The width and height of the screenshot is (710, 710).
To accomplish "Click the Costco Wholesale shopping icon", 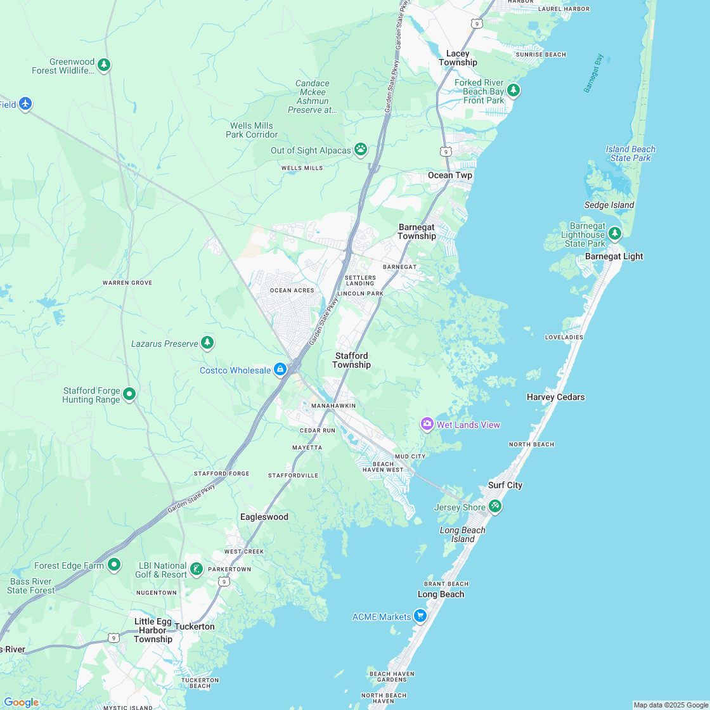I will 280,370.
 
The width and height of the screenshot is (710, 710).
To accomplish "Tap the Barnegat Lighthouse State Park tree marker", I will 614,235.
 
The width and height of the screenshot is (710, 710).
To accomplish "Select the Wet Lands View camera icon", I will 427,424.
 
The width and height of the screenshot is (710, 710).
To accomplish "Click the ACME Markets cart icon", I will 420,616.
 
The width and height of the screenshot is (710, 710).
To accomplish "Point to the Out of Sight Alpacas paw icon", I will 361,150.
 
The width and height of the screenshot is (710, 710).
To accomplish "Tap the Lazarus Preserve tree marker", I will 207,343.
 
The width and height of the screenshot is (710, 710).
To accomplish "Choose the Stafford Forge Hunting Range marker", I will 129,394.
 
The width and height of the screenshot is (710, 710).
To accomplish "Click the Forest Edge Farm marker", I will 114,564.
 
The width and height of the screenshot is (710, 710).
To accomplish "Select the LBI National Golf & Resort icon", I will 197,569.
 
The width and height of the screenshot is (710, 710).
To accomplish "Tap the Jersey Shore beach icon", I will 495,506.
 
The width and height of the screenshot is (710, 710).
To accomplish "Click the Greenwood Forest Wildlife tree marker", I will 104,65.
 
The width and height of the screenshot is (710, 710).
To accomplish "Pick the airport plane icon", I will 25,103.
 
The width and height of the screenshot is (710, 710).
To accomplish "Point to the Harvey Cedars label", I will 555,397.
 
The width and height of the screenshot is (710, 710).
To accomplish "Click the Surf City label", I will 505,485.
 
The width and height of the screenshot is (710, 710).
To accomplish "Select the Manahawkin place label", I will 333,405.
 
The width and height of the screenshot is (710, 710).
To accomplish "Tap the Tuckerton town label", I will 195,626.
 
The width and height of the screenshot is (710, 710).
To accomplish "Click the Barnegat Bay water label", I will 594,74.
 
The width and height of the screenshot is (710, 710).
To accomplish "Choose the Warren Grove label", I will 127,283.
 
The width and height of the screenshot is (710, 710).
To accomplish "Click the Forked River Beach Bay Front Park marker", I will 513,90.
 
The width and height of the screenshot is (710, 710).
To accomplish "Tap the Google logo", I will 21,702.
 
